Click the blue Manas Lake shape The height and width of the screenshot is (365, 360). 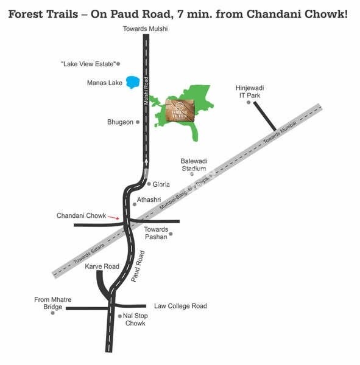[x=132, y=82]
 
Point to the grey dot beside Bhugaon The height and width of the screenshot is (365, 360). [x=138, y=122]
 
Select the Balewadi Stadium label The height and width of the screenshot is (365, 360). [x=194, y=164]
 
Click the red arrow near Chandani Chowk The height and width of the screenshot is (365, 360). [x=114, y=217]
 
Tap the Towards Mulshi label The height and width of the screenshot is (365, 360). [x=145, y=29]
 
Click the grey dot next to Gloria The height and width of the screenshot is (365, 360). [x=149, y=184]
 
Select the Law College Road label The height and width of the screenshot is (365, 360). [x=180, y=306]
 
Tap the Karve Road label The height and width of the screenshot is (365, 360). [x=102, y=266]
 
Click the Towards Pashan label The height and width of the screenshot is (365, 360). [x=156, y=233]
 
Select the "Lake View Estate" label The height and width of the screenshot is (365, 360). [x=88, y=63]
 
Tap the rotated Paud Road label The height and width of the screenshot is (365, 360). [x=138, y=265]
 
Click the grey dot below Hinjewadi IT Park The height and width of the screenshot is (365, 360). [x=249, y=103]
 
